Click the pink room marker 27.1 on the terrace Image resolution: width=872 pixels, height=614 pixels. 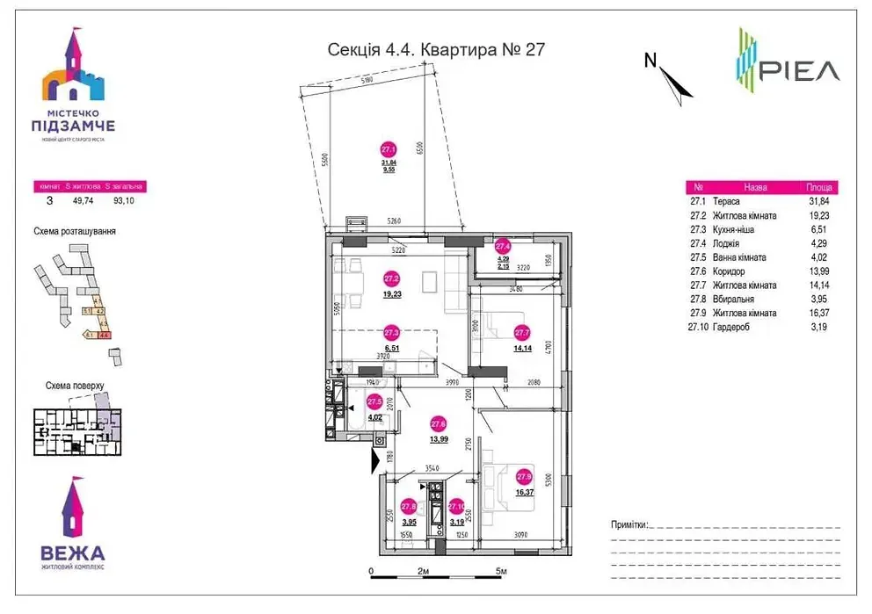[x=388, y=149]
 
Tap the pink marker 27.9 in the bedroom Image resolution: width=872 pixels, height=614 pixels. [x=524, y=477]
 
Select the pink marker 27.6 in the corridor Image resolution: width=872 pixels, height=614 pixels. [x=438, y=423]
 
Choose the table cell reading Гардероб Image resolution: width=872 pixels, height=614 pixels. [x=731, y=326]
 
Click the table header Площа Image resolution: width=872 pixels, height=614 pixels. [x=819, y=187]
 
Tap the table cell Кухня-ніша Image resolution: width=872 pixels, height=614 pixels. [x=735, y=229]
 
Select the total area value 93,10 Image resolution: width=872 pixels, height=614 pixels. [x=125, y=200]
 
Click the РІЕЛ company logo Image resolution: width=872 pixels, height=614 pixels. [x=787, y=62]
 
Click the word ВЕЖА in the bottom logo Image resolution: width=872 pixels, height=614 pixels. [x=73, y=553]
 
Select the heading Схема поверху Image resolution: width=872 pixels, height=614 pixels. [x=74, y=386]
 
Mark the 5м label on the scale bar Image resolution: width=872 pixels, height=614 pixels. [x=501, y=572]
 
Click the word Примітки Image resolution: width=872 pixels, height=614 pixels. [x=628, y=524]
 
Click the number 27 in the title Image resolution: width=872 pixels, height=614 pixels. [x=535, y=49]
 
